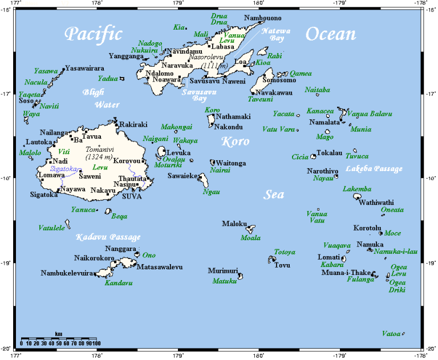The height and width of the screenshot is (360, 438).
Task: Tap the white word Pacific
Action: pyautogui.click(x=93, y=34)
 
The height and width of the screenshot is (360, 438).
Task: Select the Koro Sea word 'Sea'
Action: pyautogui.click(x=274, y=195)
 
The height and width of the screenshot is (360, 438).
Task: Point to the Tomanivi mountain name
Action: pyautogui.click(x=99, y=149)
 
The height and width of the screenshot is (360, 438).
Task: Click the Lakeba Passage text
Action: pyautogui.click(x=374, y=169)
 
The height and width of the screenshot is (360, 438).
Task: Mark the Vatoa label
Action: pyautogui.click(x=391, y=333)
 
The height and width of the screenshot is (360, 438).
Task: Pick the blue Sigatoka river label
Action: pyautogui.click(x=63, y=168)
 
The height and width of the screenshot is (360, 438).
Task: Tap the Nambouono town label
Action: pyautogui.click(x=262, y=18)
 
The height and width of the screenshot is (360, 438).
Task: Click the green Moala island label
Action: pyautogui.click(x=250, y=237)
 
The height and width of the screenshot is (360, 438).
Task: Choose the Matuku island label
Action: pyautogui.click(x=224, y=281)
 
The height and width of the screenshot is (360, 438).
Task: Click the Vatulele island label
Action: pyautogui.click(x=52, y=228)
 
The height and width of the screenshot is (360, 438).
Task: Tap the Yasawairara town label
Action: pyautogui.click(x=86, y=68)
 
